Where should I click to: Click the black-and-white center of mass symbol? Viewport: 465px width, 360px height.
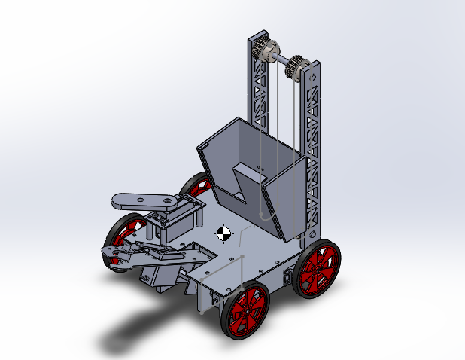pyautogui.click(x=223, y=233)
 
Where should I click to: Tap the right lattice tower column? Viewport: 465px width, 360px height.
pyautogui.click(x=315, y=151)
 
